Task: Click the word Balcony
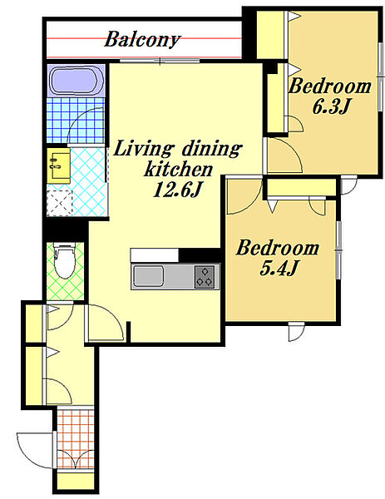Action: pyautogui.click(x=142, y=40)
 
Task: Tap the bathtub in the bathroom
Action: pyautogui.click(x=76, y=80)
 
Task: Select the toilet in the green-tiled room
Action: pyautogui.click(x=65, y=260)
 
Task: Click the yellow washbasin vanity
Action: pyautogui.click(x=59, y=166)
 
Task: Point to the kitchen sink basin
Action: pyautogui.click(x=148, y=276)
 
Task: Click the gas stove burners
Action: pyautogui.click(x=205, y=277)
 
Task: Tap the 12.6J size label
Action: pyautogui.click(x=178, y=190)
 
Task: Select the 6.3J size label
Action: pyautogui.click(x=331, y=106)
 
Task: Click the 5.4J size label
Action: pyautogui.click(x=279, y=268)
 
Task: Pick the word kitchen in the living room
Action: pyautogui.click(x=179, y=169)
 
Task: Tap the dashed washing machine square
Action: pyautogui.click(x=60, y=204)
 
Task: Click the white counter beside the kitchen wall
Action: pyautogui.click(x=155, y=255)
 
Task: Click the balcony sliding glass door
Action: pyautogui.click(x=160, y=61)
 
